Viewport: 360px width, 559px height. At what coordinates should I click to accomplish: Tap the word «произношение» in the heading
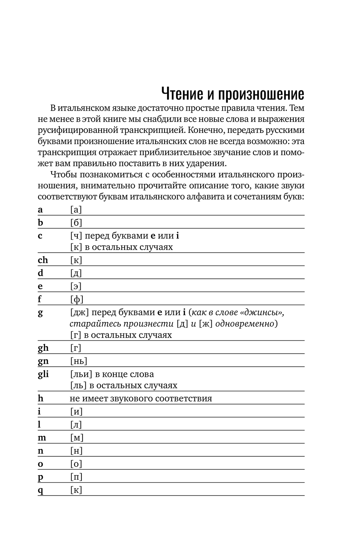261,95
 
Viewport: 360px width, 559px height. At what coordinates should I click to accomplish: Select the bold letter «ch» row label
43,260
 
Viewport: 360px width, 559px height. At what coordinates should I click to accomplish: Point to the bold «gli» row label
43,374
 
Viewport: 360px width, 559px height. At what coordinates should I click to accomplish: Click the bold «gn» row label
43,361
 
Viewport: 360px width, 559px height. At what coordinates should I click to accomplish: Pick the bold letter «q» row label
40,490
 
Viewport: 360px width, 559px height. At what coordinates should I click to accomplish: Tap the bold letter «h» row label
40,398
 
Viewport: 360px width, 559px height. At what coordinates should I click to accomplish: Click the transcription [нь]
78,361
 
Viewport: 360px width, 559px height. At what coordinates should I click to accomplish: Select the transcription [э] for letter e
76,286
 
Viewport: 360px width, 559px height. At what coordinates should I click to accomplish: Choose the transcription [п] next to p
76,477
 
